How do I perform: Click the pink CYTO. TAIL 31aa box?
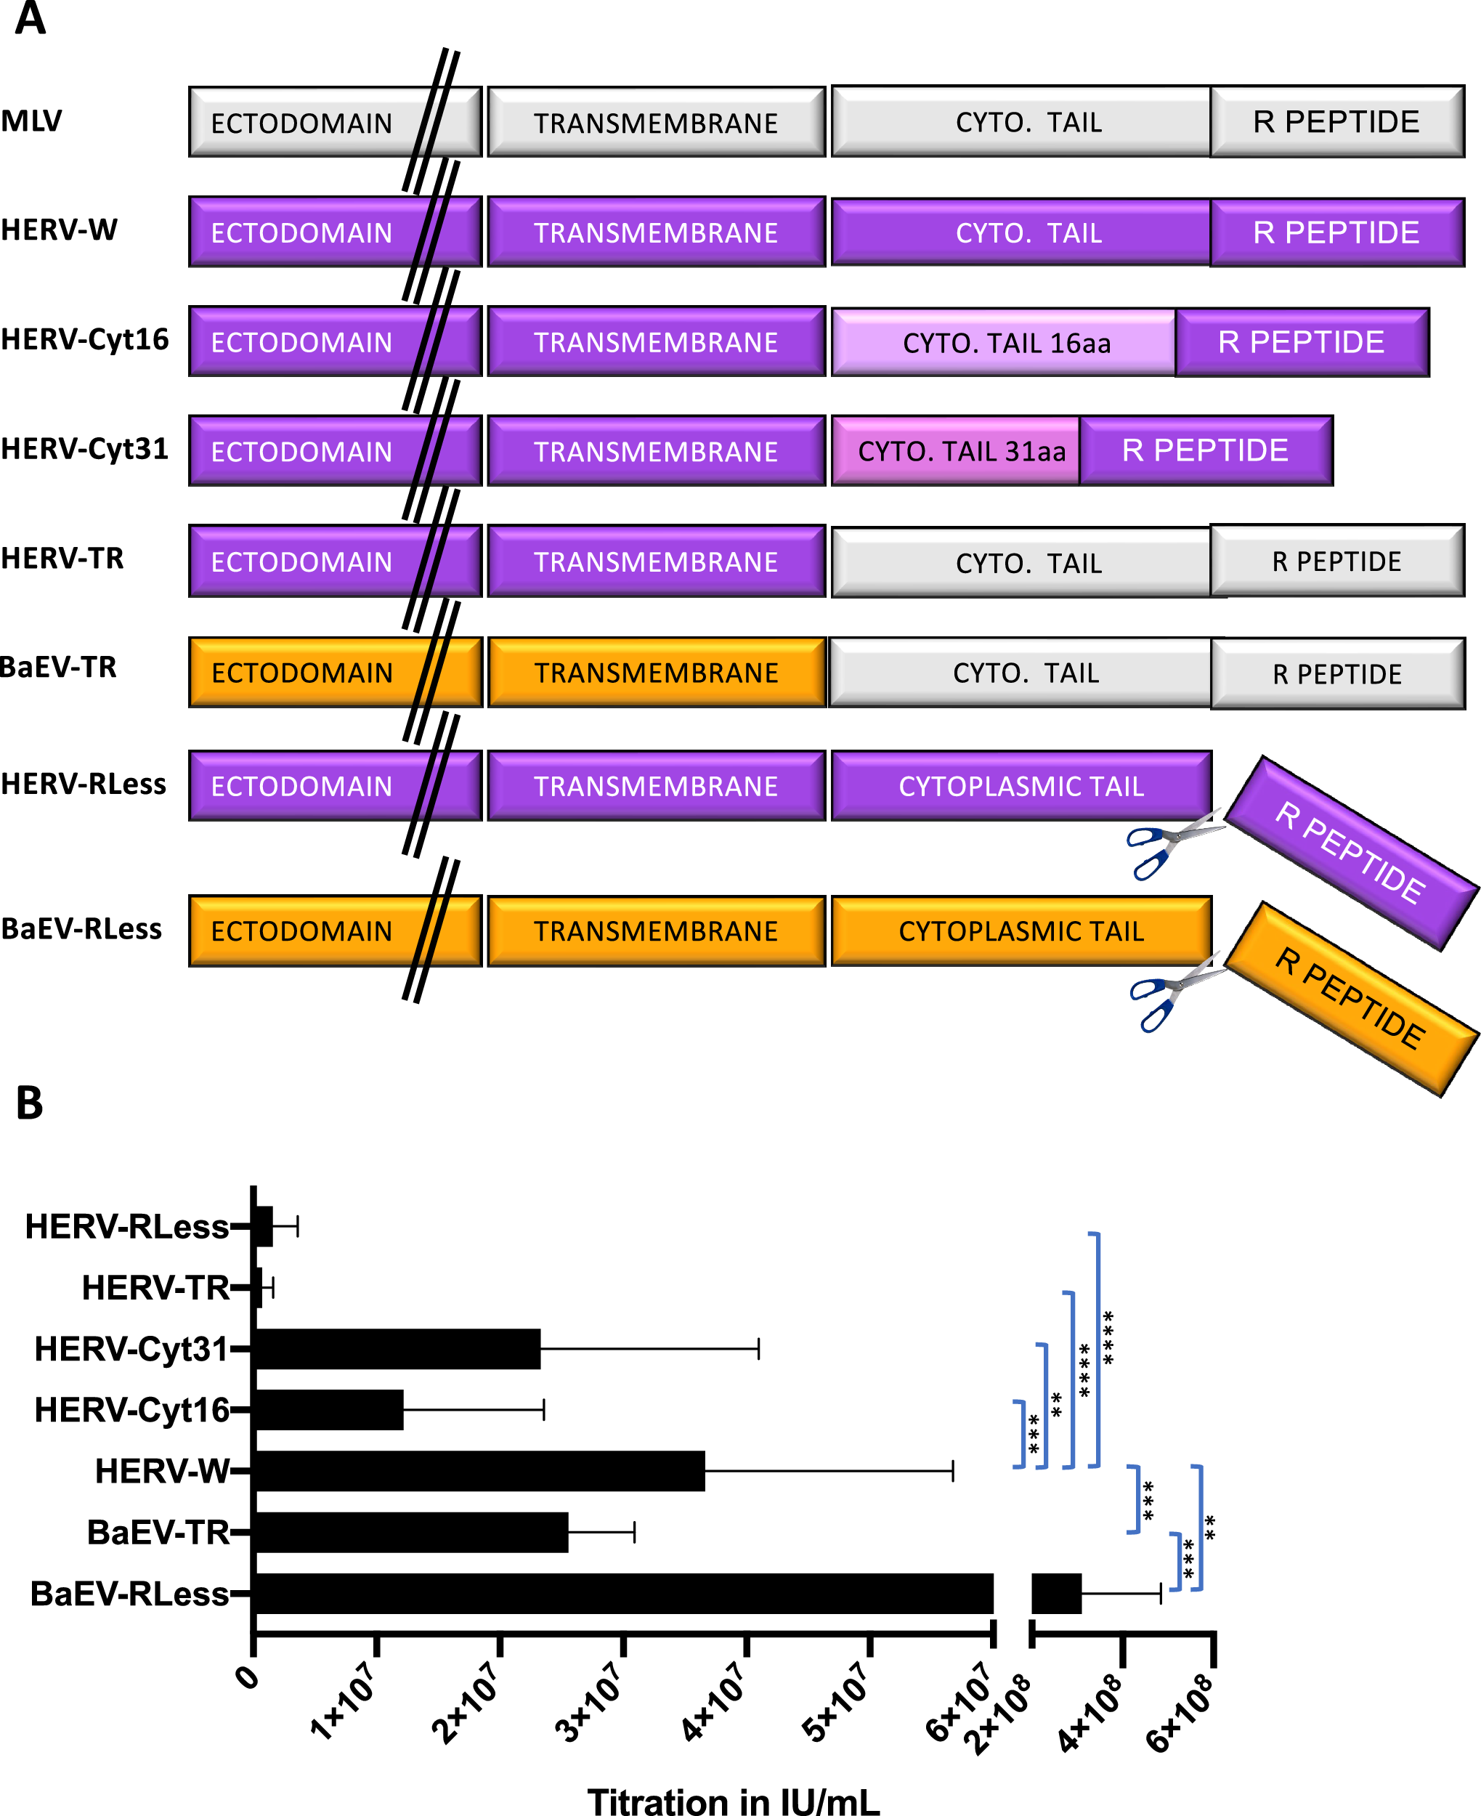pos(954,450)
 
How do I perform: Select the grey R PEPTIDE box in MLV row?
pos(1336,122)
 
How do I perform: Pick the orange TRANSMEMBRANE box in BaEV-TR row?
pos(656,672)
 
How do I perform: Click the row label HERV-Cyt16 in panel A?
pos(84,339)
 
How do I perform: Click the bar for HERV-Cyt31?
pos(397,1349)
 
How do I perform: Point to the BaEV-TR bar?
pos(410,1532)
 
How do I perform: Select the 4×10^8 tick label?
pos(1091,1714)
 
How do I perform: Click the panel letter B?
pos(29,1103)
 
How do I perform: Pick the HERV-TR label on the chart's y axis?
pos(155,1288)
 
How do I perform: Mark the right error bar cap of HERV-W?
pos(952,1470)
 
